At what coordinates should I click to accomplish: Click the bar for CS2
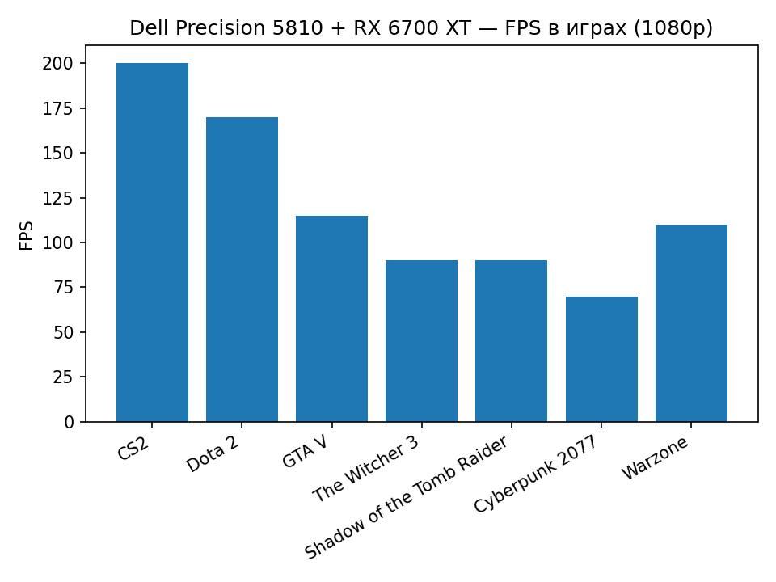[152, 242]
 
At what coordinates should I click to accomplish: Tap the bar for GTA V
[331, 318]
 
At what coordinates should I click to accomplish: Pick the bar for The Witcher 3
[421, 341]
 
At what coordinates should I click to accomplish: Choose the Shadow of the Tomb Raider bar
[511, 341]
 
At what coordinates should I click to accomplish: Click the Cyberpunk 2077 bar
[601, 359]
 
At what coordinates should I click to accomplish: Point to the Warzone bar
[691, 323]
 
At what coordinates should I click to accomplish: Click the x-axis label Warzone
[656, 458]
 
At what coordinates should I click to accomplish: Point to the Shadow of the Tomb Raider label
[407, 497]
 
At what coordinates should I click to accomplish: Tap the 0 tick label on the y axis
[70, 422]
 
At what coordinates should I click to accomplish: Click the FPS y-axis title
[27, 234]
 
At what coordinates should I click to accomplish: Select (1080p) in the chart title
[673, 29]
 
